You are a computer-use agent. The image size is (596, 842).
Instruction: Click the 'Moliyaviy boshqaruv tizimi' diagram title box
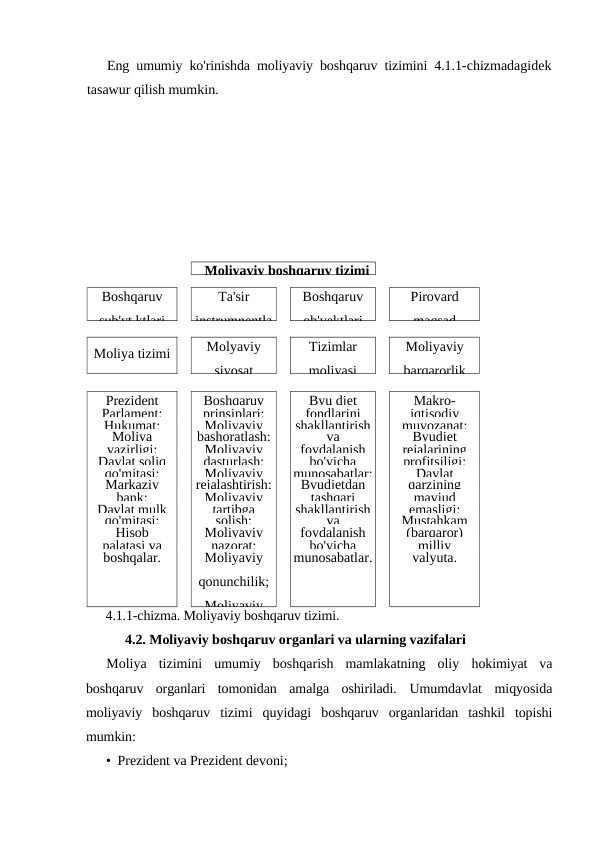pyautogui.click(x=283, y=268)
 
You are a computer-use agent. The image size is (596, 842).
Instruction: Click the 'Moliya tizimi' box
pyautogui.click(x=131, y=354)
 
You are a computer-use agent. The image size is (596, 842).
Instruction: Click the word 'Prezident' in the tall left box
pyautogui.click(x=131, y=400)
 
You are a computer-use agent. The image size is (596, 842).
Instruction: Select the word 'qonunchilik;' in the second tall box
pyautogui.click(x=233, y=581)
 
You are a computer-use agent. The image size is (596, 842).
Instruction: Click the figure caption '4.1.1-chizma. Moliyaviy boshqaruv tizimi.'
pyautogui.click(x=222, y=615)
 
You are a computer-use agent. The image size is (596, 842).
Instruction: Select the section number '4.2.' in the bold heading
pyautogui.click(x=137, y=639)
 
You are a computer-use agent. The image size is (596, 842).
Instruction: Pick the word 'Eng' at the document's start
pyautogui.click(x=117, y=67)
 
